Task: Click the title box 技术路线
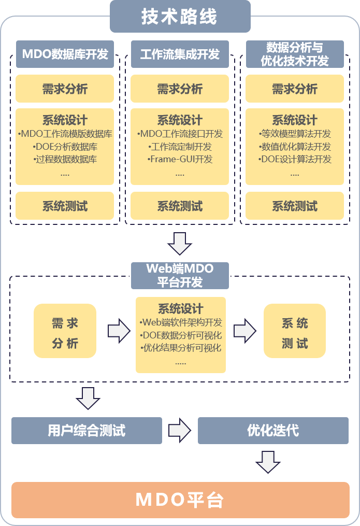click(180, 17)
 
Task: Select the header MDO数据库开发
click(65, 54)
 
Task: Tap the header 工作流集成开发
click(180, 54)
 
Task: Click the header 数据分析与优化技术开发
click(295, 54)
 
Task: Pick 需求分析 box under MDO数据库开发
click(65, 89)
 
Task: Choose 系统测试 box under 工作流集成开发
click(180, 206)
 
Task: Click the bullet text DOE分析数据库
click(65, 147)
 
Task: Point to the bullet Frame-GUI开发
click(180, 159)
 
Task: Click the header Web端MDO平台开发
click(180, 275)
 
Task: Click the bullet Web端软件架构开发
click(181, 322)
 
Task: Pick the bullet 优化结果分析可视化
click(181, 348)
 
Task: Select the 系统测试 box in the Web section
click(295, 331)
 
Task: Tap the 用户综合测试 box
click(87, 430)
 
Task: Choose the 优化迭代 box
click(273, 430)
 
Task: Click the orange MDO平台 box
click(180, 500)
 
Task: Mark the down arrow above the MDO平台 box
click(268, 462)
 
